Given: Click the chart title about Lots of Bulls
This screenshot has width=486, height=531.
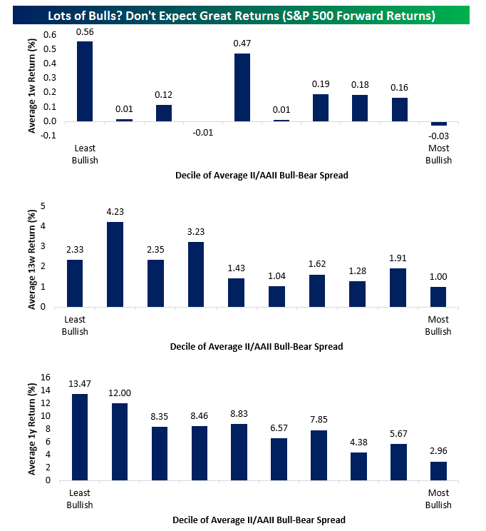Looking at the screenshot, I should click(243, 14).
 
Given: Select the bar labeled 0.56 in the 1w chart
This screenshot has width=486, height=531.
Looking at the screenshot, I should click(85, 81).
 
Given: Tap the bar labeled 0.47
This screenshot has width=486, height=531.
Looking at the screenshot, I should click(242, 87).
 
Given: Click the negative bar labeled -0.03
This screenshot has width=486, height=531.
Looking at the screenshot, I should click(439, 123).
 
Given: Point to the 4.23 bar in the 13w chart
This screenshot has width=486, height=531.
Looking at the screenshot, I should click(115, 265).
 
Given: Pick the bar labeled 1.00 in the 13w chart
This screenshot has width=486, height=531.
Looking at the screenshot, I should click(439, 297).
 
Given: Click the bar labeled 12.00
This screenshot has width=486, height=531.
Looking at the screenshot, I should click(119, 442).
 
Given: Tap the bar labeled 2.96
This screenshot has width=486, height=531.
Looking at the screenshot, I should click(439, 471).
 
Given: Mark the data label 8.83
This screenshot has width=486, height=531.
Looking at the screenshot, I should click(239, 414).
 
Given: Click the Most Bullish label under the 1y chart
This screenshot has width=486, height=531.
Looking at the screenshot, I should click(439, 500).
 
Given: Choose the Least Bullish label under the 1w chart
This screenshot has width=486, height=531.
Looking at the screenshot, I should click(85, 154).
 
